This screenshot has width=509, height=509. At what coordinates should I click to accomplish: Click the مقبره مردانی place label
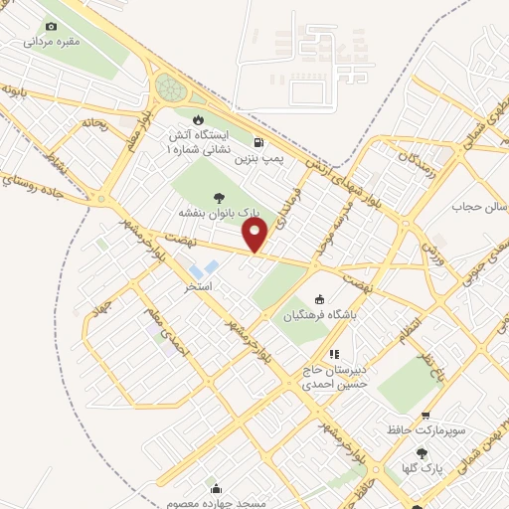[x=51, y=43]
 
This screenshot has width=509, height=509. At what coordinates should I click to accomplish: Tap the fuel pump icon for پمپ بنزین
[x=258, y=142]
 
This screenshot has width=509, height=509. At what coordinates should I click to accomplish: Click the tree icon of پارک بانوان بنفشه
[x=218, y=198]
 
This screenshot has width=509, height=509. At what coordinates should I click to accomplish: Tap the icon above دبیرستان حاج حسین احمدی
[x=335, y=353]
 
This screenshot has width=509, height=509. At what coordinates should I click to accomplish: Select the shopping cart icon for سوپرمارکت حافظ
[x=425, y=416]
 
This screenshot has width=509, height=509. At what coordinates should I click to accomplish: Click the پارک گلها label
[x=424, y=466]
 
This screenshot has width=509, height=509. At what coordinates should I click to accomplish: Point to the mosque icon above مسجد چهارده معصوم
[x=216, y=487]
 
